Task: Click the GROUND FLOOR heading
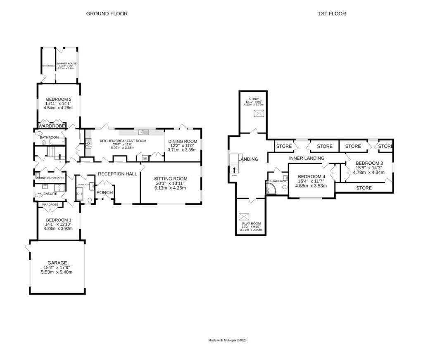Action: click(107, 14)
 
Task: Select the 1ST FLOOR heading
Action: click(332, 14)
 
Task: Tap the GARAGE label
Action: click(57, 263)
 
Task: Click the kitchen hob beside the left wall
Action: click(88, 143)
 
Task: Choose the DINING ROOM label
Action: click(183, 142)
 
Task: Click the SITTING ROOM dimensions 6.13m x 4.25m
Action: click(171, 188)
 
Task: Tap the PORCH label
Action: click(105, 192)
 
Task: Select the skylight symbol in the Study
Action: click(259, 114)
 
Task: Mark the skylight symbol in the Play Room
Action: click(244, 216)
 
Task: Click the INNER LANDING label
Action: click(307, 158)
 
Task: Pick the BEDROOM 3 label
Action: click(369, 163)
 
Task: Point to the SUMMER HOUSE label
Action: click(67, 64)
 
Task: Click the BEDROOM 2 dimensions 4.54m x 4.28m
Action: click(58, 108)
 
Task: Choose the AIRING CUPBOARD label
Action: click(50, 178)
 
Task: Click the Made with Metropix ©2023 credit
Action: click(227, 341)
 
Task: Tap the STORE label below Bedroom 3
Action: click(364, 188)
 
